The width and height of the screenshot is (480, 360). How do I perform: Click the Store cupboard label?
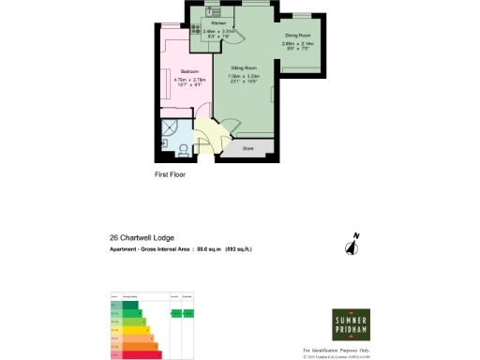coord(248,147)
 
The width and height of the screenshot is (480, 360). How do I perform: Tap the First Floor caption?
coord(172,174)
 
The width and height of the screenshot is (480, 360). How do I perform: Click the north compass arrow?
coord(353,246)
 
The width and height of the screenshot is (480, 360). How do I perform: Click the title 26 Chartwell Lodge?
coord(142,238)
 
